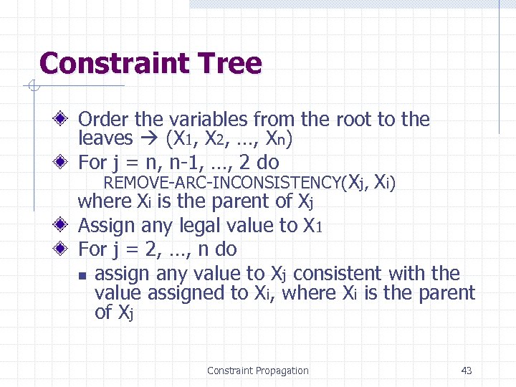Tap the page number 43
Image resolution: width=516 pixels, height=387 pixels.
[x=467, y=371]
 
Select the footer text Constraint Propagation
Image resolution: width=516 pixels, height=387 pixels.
[x=257, y=371]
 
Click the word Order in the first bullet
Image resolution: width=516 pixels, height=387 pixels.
[x=102, y=119]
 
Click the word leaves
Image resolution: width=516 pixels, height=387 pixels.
[x=105, y=138]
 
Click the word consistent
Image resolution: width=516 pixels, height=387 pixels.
[x=340, y=274]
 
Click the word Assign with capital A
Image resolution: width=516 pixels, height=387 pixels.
[x=107, y=226]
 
